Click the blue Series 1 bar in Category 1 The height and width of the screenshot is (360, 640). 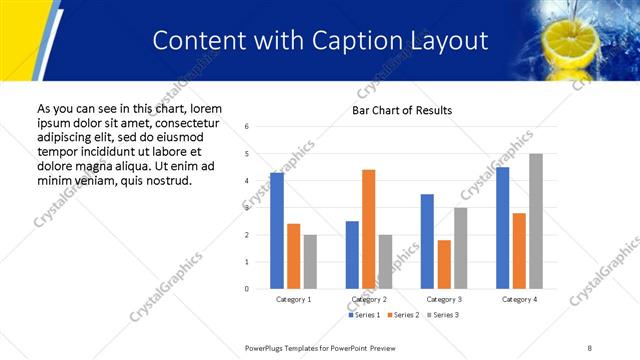[277, 231]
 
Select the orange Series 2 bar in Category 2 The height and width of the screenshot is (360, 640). [368, 229]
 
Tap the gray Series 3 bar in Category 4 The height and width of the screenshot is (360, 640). [536, 221]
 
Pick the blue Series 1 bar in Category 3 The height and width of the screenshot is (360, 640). [427, 241]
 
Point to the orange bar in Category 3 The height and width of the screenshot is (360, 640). [444, 264]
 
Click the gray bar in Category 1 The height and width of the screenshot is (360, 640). [310, 261]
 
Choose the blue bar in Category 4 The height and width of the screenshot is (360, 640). [502, 228]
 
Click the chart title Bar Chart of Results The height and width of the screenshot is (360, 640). [402, 110]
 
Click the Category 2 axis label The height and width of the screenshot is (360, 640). [368, 299]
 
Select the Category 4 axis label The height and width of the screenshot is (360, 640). [519, 299]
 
